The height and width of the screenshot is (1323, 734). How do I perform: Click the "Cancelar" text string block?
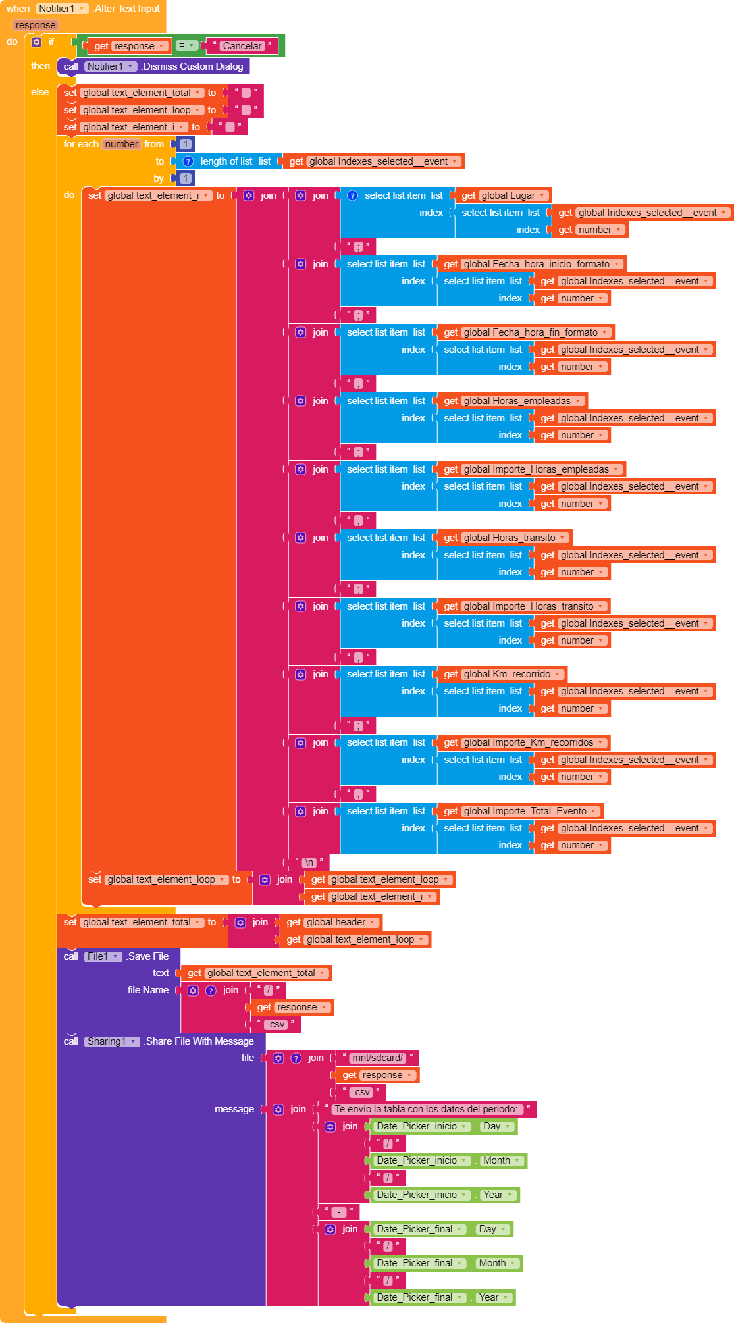tap(242, 46)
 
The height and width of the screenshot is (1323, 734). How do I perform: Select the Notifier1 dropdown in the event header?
tap(62, 9)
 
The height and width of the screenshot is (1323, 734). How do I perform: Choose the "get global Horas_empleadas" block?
tap(512, 401)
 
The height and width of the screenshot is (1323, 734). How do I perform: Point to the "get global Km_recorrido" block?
tap(502, 674)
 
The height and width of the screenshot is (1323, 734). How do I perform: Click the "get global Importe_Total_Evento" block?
tap(520, 811)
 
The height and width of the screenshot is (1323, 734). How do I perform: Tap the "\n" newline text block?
tap(309, 862)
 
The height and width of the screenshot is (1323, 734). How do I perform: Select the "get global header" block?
tap(331, 922)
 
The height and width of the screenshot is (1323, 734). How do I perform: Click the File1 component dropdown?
tap(103, 956)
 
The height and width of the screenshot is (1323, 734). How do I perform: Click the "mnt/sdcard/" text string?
tap(377, 1058)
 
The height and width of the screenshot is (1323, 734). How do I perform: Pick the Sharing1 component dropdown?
tap(112, 1041)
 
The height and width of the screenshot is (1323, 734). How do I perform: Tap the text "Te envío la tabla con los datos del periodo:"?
tap(426, 1109)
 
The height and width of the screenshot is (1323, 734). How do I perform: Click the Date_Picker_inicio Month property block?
tap(502, 1160)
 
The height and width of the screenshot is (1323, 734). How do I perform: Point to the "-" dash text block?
tap(338, 1212)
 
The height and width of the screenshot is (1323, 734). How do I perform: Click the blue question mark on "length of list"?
tap(188, 161)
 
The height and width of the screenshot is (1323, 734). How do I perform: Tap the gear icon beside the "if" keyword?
tap(37, 42)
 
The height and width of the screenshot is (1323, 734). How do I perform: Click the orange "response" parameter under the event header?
tap(36, 25)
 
